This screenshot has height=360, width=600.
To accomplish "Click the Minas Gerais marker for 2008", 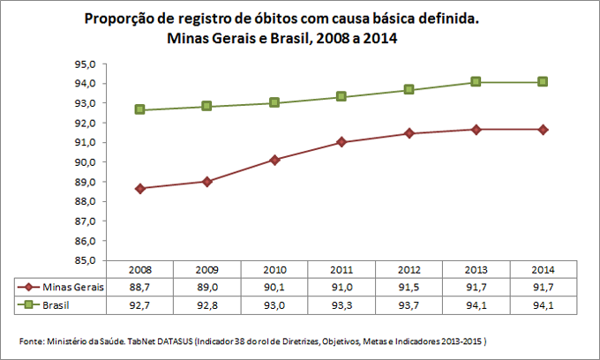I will point(140,188).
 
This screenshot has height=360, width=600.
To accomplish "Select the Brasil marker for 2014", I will point(543,81).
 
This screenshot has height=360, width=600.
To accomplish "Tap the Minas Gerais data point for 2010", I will point(274,160).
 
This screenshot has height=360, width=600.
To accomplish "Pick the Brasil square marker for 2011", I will point(341,96).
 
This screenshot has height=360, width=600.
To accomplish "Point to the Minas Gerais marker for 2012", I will point(409,133).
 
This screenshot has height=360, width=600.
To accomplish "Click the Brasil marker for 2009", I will point(207,106).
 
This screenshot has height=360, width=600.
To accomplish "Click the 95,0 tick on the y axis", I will point(86,64).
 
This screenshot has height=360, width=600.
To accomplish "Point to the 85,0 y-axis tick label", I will point(86,260).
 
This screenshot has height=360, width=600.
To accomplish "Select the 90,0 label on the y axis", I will point(86,162).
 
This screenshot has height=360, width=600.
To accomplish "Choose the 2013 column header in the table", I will point(476,269).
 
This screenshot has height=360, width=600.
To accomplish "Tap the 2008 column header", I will point(140,269).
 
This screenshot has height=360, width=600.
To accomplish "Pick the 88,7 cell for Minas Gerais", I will point(140,287).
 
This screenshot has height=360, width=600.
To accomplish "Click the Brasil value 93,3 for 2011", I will point(341,304).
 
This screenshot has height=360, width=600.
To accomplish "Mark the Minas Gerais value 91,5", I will point(409,287).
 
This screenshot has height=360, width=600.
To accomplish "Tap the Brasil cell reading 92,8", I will point(207,304).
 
